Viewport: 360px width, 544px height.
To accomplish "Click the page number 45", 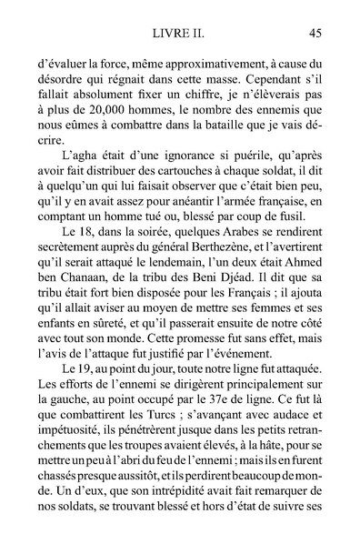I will (316, 34).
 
